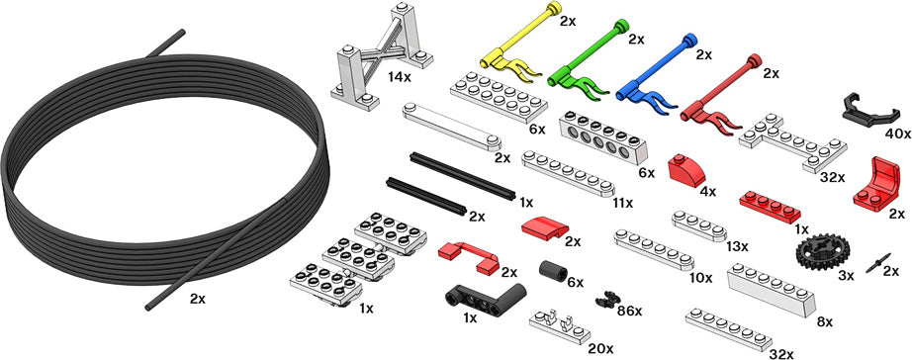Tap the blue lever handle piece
tap(653, 74)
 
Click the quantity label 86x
tap(629, 311)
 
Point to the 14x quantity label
tap(402, 75)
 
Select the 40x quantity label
tap(898, 134)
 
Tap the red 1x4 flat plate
tap(770, 207)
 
